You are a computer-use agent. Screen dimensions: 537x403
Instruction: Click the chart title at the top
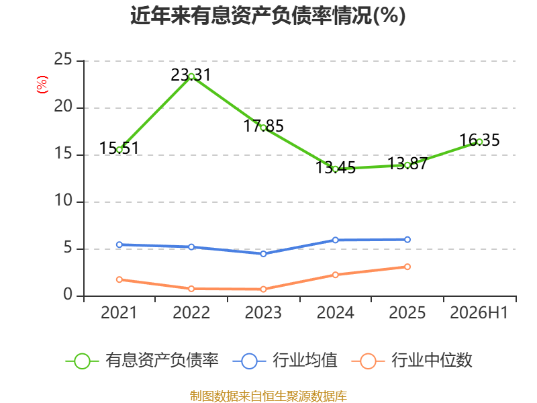click(268, 15)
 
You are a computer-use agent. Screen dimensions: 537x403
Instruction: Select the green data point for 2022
click(191, 77)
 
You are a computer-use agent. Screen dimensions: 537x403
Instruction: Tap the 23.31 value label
click(191, 75)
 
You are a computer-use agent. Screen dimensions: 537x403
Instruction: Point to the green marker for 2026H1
click(479, 142)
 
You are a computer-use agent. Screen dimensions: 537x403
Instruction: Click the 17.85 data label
click(263, 126)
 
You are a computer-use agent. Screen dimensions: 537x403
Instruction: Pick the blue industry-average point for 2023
click(263, 254)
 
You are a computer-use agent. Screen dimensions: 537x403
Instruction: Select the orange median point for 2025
click(407, 267)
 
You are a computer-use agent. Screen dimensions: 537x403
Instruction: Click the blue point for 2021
click(119, 244)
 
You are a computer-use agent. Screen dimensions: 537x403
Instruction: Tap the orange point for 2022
click(191, 289)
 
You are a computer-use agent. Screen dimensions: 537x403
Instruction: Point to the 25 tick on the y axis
click(63, 60)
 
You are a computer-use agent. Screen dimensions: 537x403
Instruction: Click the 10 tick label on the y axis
click(63, 200)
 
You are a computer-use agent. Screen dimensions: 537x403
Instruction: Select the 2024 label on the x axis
click(335, 312)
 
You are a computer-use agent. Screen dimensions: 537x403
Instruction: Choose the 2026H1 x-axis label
click(479, 312)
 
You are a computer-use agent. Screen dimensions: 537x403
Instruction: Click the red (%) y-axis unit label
click(42, 85)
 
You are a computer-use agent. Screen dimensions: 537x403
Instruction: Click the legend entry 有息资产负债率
click(142, 361)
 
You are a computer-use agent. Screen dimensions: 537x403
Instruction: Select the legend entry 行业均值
click(285, 361)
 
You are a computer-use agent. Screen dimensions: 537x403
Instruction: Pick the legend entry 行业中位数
click(412, 361)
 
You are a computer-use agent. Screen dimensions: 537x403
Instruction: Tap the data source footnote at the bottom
click(268, 396)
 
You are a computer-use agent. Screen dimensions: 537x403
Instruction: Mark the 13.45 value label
click(335, 167)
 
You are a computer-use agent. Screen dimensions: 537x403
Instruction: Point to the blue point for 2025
click(407, 240)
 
